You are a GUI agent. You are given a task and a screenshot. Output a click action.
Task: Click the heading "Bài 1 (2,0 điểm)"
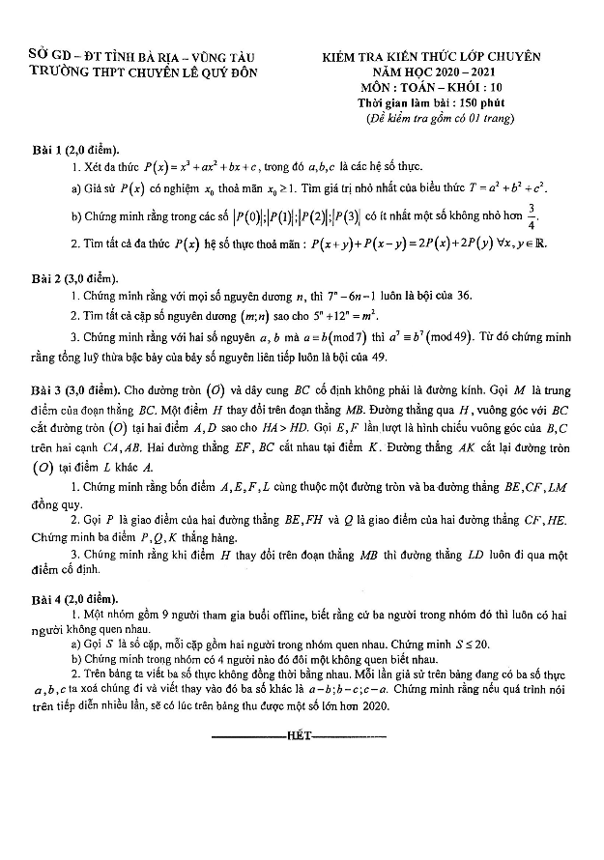(74, 150)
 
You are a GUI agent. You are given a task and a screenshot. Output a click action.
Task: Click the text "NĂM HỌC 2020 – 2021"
(429, 73)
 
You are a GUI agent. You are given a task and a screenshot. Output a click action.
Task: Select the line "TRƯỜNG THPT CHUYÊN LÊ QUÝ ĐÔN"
(144, 72)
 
